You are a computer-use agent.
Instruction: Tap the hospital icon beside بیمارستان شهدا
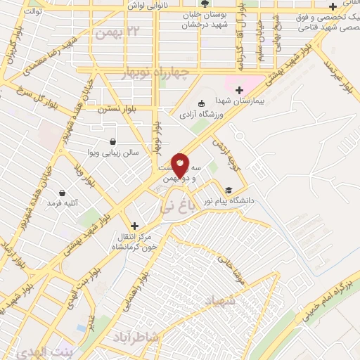[239, 90]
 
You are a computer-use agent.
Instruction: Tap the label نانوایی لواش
[148, 5]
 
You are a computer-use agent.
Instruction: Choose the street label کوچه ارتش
[227, 150]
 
